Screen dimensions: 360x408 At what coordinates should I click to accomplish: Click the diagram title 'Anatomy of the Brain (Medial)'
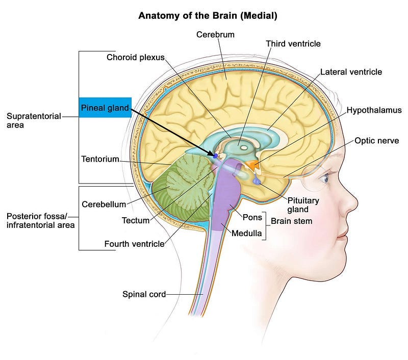click(208, 16)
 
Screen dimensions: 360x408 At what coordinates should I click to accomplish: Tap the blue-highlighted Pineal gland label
click(105, 108)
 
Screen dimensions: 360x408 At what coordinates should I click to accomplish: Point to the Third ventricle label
click(293, 44)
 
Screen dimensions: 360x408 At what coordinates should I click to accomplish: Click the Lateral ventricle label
click(351, 72)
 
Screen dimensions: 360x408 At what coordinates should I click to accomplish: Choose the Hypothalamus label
click(374, 110)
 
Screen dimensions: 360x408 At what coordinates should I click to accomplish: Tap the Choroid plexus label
click(135, 57)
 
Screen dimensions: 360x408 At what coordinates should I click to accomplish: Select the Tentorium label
click(100, 159)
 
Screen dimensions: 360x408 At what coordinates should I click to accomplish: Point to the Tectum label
click(136, 220)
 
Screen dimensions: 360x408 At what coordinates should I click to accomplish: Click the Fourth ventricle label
click(134, 244)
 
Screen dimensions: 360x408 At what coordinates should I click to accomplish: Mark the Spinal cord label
click(144, 294)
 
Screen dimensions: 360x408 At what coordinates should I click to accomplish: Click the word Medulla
click(247, 234)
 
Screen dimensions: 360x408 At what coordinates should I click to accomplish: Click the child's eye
click(325, 178)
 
